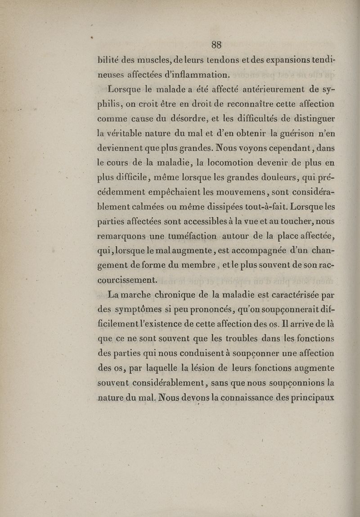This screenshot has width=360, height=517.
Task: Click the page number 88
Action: coord(216,44)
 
